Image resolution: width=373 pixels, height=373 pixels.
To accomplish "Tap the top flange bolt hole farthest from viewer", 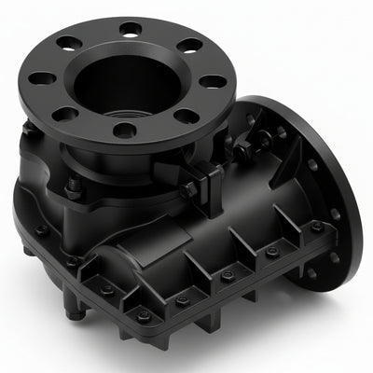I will [x=131, y=29].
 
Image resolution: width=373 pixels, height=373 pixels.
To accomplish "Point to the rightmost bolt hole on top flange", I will [x=214, y=81].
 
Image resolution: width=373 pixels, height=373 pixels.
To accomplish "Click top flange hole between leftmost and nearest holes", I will [x=65, y=114].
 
